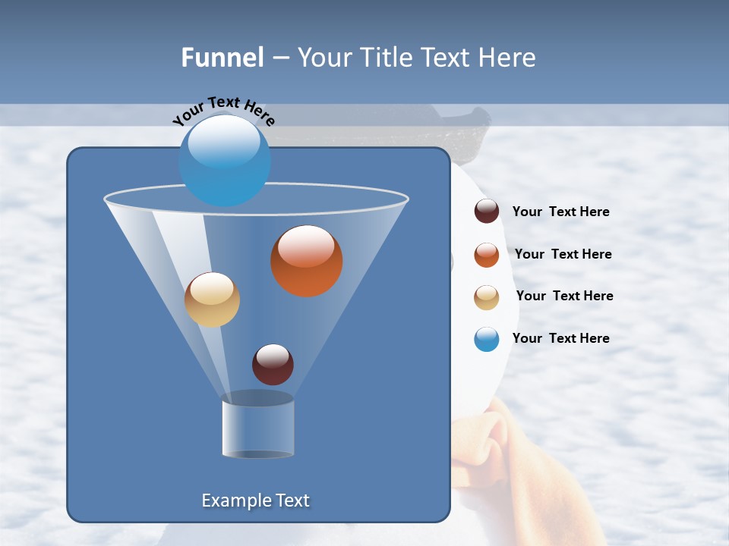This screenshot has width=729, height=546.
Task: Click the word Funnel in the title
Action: coord(222,58)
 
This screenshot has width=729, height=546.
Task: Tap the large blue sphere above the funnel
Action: coord(224,159)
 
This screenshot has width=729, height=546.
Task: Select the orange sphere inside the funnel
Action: coord(306,261)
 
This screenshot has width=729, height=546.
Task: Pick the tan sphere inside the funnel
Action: coord(212,300)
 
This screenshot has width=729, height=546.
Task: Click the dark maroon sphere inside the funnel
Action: coord(273,364)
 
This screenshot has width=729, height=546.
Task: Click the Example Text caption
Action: coord(255,500)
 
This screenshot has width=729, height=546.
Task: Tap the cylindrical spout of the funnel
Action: coord(257,428)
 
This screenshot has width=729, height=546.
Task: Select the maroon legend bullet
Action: coord(487,212)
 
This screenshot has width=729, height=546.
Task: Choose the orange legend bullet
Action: coord(487,255)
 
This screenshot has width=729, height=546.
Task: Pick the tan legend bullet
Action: coord(487,297)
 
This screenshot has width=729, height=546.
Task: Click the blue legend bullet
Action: coord(487,339)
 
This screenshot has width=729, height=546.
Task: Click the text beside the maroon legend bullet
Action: coord(560,212)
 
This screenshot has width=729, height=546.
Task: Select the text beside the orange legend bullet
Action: coord(563,254)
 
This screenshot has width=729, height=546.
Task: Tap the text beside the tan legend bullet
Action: coord(564,296)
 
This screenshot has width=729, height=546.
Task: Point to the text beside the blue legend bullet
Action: coord(560,338)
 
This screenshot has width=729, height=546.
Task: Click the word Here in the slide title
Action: coord(508,58)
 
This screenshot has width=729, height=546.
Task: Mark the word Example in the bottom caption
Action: coord(234,500)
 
